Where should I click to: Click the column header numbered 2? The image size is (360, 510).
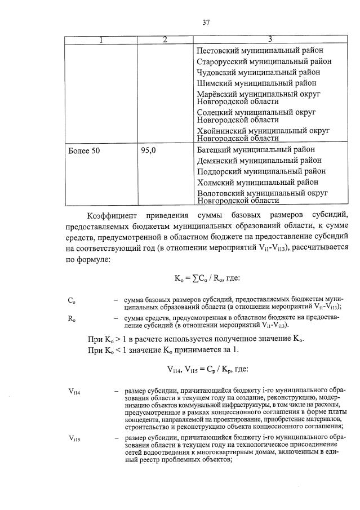165,39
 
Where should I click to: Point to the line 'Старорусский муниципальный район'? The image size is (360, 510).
264,61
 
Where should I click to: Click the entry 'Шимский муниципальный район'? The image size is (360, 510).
257,83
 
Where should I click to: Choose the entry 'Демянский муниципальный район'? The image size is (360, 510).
260,161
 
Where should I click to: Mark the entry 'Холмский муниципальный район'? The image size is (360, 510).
257,182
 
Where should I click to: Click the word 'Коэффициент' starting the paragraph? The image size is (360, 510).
113,215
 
